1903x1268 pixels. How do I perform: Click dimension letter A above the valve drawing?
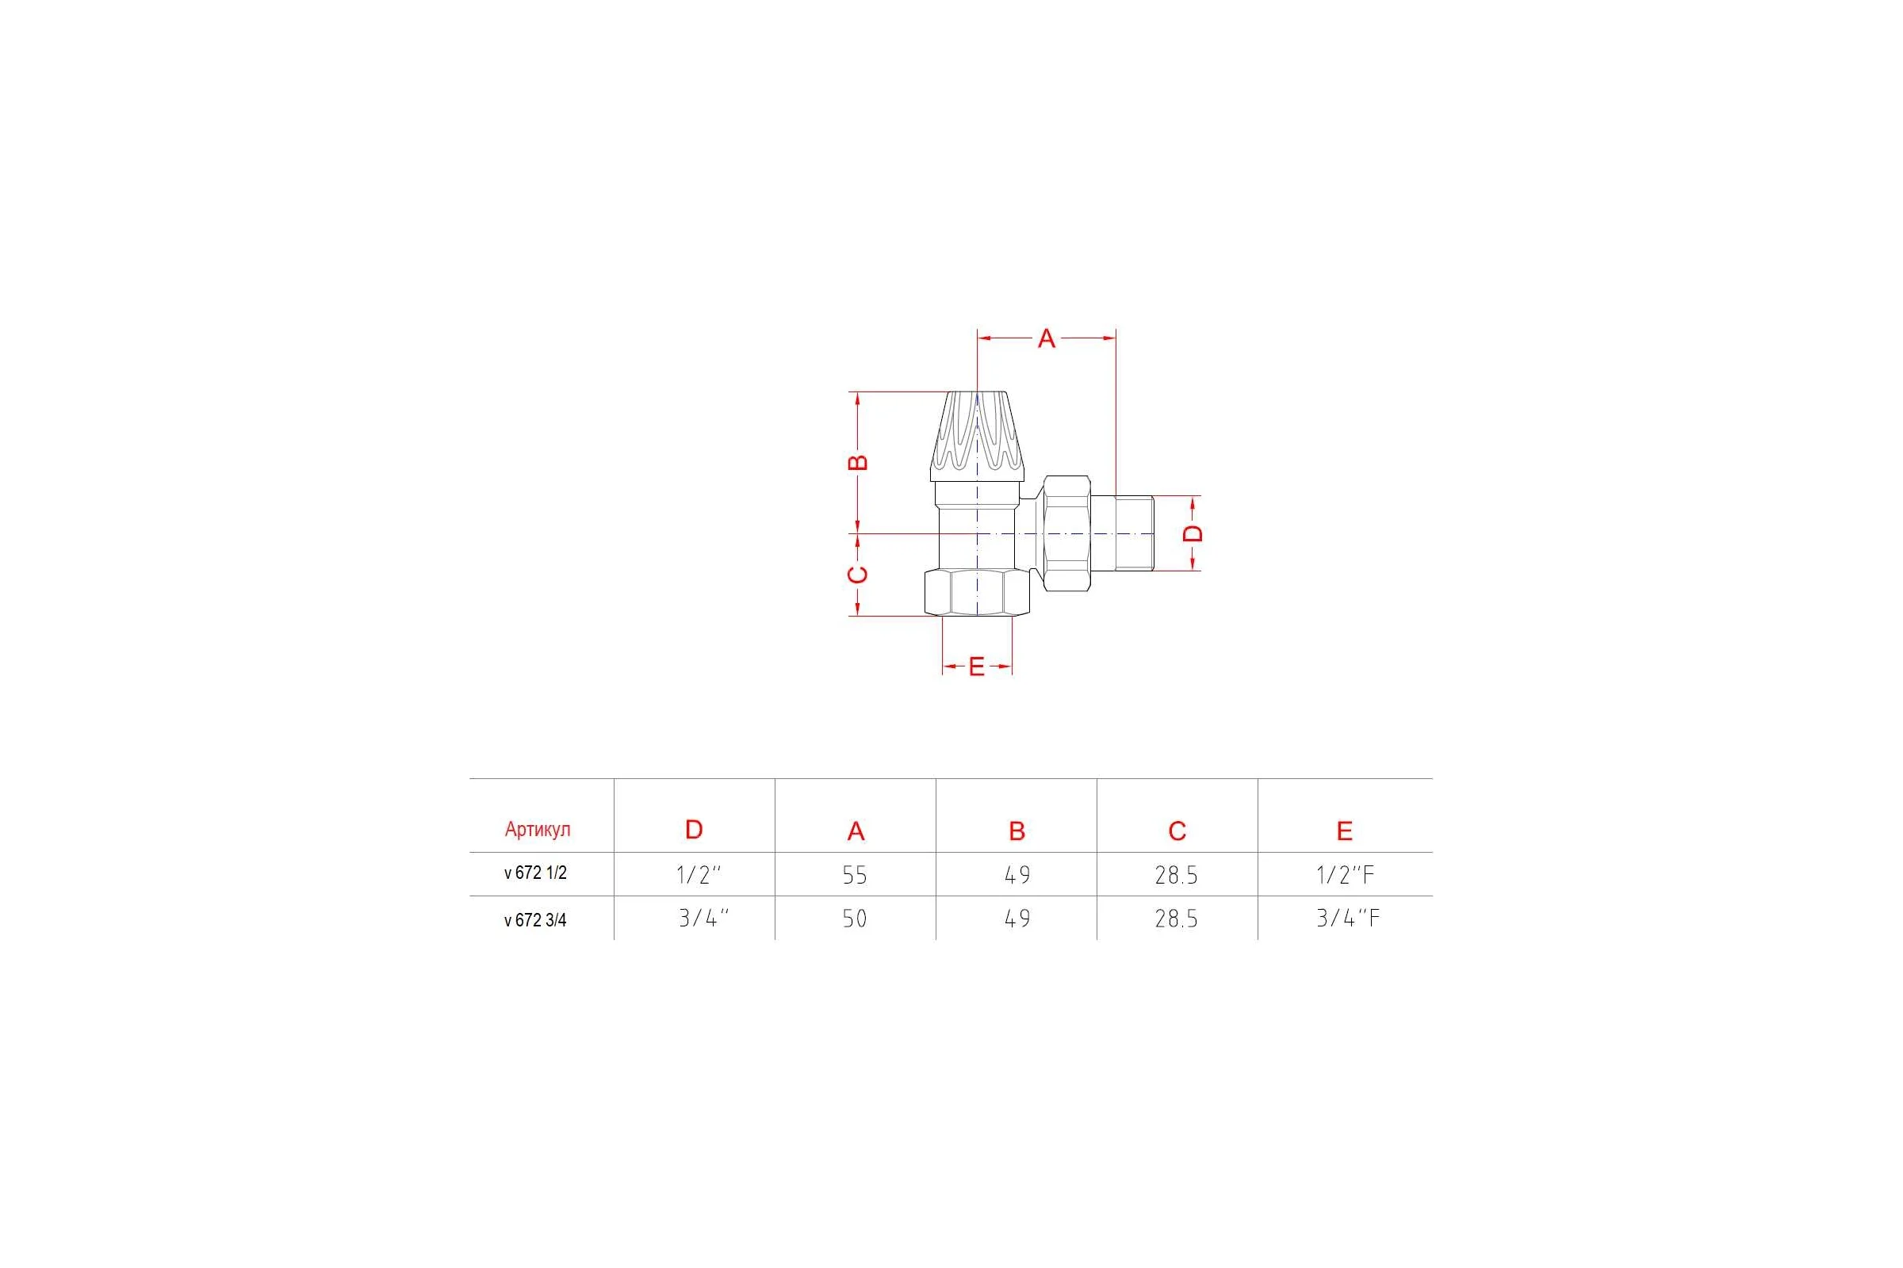[x=1046, y=339]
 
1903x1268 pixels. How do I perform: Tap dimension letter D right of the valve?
[x=1193, y=533]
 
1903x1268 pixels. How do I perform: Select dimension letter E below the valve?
[x=977, y=667]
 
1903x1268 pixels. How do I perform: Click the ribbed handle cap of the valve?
[x=978, y=436]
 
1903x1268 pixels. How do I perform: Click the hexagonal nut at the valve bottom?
[x=978, y=592]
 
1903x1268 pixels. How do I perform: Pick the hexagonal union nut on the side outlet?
[x=1067, y=533]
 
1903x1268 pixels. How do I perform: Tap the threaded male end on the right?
[x=1135, y=533]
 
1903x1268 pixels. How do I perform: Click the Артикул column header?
[x=538, y=829]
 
